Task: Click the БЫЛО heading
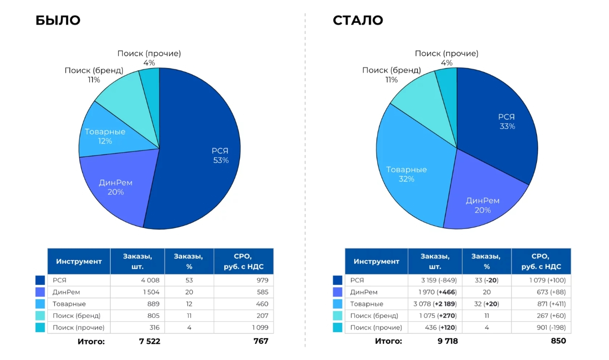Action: (x=58, y=20)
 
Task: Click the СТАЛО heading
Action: (x=358, y=20)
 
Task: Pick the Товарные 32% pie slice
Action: (x=406, y=173)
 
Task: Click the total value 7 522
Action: (x=149, y=341)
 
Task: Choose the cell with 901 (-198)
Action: (x=541, y=328)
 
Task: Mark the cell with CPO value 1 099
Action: (x=244, y=328)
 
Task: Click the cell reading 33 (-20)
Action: (x=487, y=280)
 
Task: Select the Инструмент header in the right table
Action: (x=377, y=261)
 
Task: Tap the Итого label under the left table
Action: (x=91, y=341)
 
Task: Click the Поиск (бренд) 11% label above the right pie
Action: (x=391, y=75)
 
